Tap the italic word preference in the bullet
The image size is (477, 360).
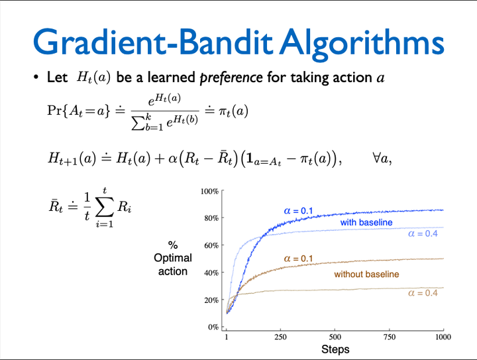pos(231,78)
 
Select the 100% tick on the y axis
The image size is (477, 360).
pos(209,192)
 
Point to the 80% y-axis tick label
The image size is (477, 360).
pos(211,218)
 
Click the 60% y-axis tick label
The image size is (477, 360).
pos(211,245)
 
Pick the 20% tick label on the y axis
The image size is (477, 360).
pos(211,300)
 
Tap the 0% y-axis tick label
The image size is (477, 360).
pos(213,327)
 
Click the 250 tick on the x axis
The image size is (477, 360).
pos(280,337)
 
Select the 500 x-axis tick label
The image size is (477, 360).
pos(335,337)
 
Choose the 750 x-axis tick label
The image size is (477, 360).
pos(389,337)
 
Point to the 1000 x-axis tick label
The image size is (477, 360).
pos(442,337)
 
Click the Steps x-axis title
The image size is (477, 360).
pos(335,349)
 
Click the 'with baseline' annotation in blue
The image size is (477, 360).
pos(366,223)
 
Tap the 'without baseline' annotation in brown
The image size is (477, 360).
pos(366,274)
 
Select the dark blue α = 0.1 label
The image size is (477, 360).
pos(299,211)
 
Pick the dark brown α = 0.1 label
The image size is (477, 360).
pos(298,259)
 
